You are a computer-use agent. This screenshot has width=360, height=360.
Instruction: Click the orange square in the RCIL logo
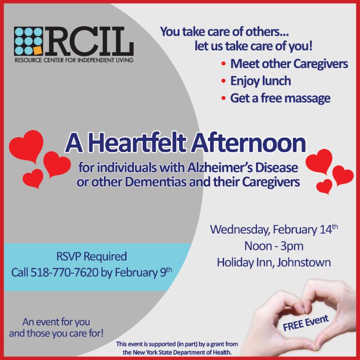pos(38,50)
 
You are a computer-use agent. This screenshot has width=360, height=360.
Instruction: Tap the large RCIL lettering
pos(89,41)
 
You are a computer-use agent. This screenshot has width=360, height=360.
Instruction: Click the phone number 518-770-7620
pos(64,273)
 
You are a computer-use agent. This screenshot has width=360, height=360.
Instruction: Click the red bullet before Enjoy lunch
pos(223,81)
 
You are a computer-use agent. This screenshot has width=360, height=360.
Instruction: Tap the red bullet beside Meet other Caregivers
pos(223,63)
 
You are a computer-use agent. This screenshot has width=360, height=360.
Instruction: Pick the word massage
pos(309,99)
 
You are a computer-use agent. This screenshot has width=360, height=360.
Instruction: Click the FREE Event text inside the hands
pos(306,323)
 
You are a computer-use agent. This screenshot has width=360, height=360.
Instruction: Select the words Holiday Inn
pos(245,262)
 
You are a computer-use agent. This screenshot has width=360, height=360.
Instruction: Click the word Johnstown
pos(303,262)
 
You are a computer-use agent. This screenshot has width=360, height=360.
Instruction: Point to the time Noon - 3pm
pos(274,246)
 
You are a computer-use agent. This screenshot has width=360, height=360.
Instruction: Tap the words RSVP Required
pos(92,256)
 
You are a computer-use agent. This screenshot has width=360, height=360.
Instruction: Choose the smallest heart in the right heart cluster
pos(324,186)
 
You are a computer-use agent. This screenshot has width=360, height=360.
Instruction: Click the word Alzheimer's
pos(220,167)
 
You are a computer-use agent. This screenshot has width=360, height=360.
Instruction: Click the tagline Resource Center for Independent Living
pos(74,60)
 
